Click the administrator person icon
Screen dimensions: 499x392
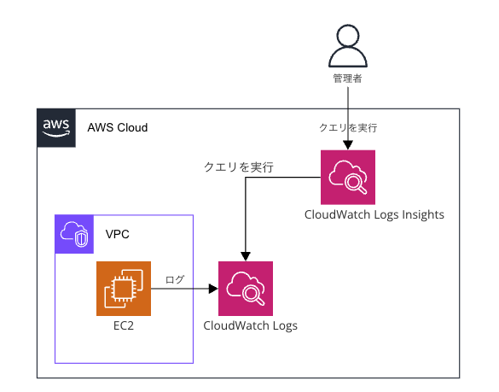348,45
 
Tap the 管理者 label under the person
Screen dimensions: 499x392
347,79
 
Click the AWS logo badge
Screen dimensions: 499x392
56,128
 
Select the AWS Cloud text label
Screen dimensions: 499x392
118,127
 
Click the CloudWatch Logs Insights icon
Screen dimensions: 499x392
348,177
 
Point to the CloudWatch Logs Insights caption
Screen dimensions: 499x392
374,215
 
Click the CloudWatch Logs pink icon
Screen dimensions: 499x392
246,289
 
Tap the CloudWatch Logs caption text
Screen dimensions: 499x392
251,325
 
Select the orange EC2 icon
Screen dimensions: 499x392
124,289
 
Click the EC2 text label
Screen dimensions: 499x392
124,325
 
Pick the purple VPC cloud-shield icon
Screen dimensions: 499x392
74,234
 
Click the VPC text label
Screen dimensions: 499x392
118,234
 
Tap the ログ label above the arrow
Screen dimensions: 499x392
175,279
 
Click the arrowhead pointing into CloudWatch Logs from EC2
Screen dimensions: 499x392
213,289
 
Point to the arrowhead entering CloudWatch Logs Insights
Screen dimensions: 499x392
348,145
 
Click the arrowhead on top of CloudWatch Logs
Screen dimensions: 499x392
246,256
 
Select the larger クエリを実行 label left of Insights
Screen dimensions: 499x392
239,167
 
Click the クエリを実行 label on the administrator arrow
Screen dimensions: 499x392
348,128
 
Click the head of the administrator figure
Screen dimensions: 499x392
348,35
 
